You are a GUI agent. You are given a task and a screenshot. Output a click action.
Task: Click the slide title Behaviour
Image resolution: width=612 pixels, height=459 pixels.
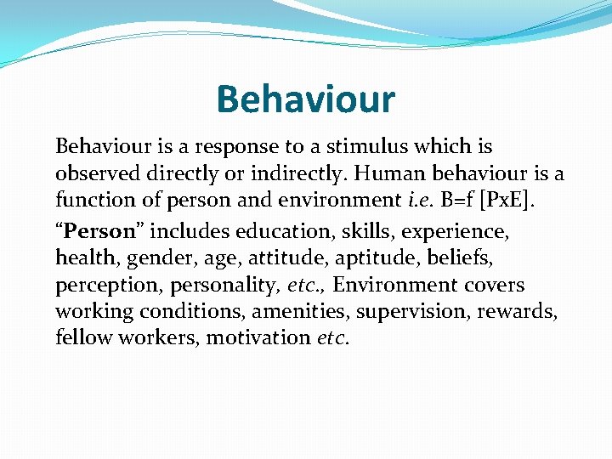305,99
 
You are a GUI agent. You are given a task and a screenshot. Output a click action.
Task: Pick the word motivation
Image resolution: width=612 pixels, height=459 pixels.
259,338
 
